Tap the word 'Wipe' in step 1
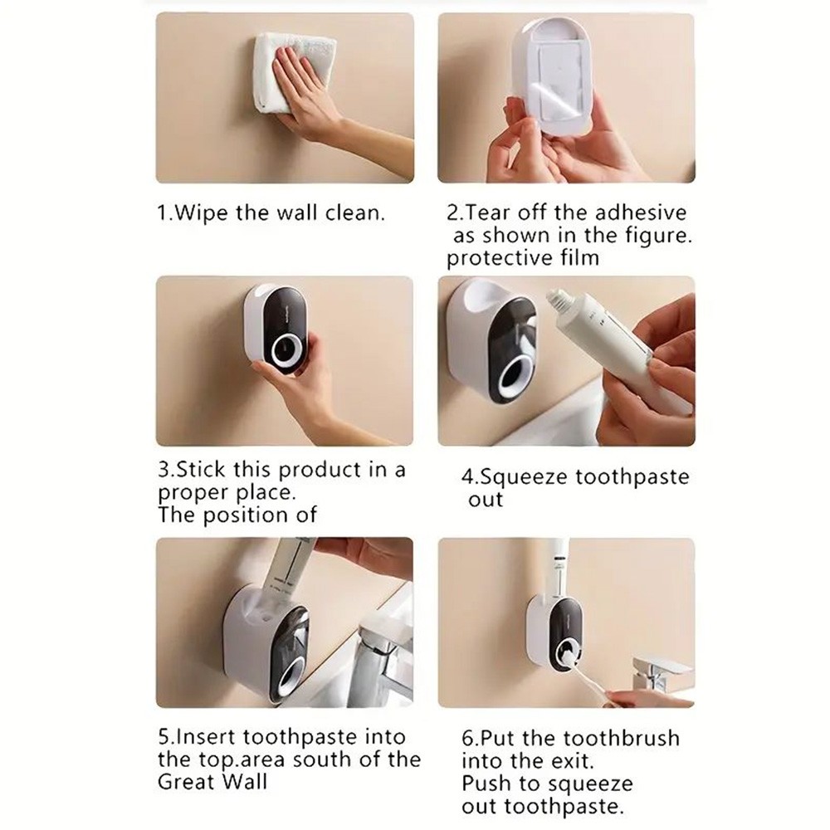click(198, 212)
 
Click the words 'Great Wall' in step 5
click(212, 782)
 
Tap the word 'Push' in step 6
click(484, 784)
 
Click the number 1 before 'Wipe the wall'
click(162, 212)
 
